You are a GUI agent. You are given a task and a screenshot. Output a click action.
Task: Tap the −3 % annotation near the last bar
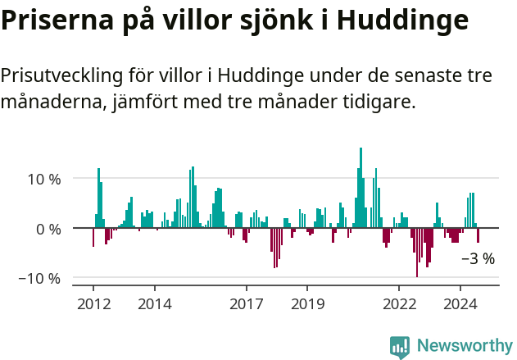pyautogui.click(x=478, y=259)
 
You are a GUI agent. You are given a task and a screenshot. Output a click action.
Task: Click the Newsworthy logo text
pyautogui.click(x=464, y=346)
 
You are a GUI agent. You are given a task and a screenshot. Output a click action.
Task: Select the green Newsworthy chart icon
pyautogui.click(x=400, y=347)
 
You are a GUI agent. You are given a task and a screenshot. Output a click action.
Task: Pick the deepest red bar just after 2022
pyautogui.click(x=417, y=253)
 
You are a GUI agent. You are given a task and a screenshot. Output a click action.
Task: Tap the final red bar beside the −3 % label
pyautogui.click(x=478, y=235)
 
